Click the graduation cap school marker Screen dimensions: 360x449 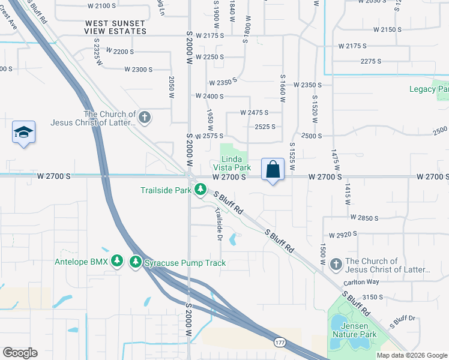pos(23,133)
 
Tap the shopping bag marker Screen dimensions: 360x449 pos(273,170)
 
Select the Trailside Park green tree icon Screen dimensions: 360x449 pos(200,191)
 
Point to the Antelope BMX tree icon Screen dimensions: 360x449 pos(119,262)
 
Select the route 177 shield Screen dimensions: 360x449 pos(279,342)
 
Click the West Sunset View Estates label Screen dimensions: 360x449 pos(115,27)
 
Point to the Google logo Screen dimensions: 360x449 pos(20,353)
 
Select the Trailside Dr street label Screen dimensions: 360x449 pos(220,224)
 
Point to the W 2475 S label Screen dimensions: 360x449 pos(253,112)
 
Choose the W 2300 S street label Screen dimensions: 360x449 pos(139,70)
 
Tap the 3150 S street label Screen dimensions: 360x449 pos(373,297)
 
